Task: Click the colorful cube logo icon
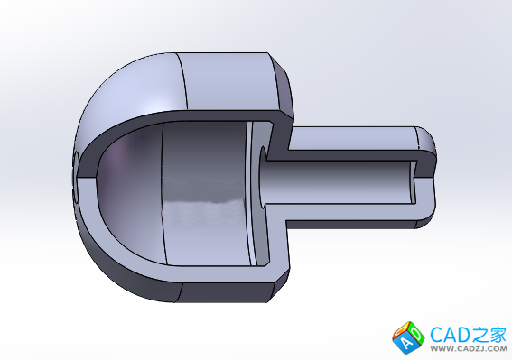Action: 408,337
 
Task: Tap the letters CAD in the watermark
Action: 450,335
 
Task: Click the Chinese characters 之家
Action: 488,335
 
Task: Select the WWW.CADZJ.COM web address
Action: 469,349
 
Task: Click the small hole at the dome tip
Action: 76,177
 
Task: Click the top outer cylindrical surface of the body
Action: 228,81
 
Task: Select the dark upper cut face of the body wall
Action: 182,117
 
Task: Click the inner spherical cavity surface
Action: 131,192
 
